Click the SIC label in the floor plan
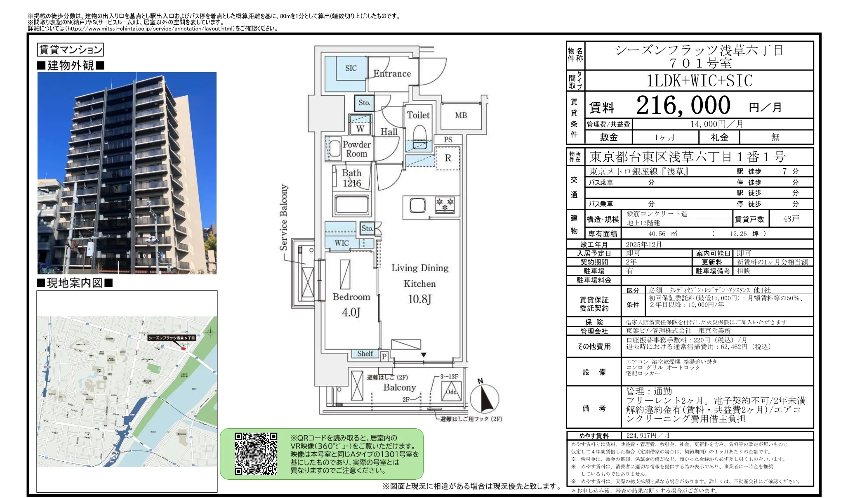pos(351,68)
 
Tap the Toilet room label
pos(418,115)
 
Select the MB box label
pos(461,116)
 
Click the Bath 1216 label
pos(351,178)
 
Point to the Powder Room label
pos(356,149)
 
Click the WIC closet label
pos(342,243)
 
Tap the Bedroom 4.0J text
pos(351,304)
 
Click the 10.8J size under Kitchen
pos(419,299)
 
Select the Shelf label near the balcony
pos(365,354)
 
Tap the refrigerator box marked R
pos(448,158)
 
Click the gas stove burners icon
pos(445,204)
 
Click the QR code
pos(256,453)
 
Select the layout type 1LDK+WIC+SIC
pos(699,81)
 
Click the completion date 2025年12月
pos(643,244)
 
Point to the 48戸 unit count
pos(791,219)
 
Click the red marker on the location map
pos(184,349)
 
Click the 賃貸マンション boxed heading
pos(70,50)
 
